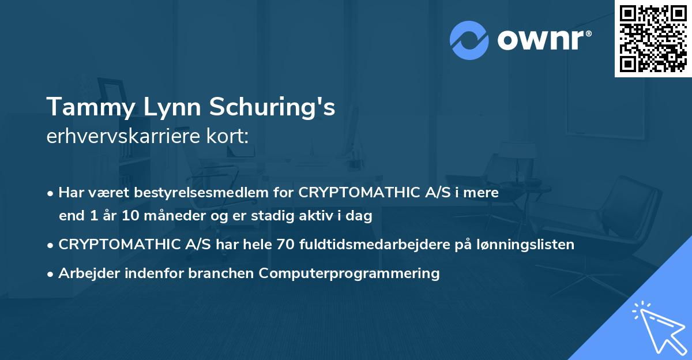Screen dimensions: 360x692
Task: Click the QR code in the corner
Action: [653, 39]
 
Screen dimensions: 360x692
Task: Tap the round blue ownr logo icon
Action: [469, 40]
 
